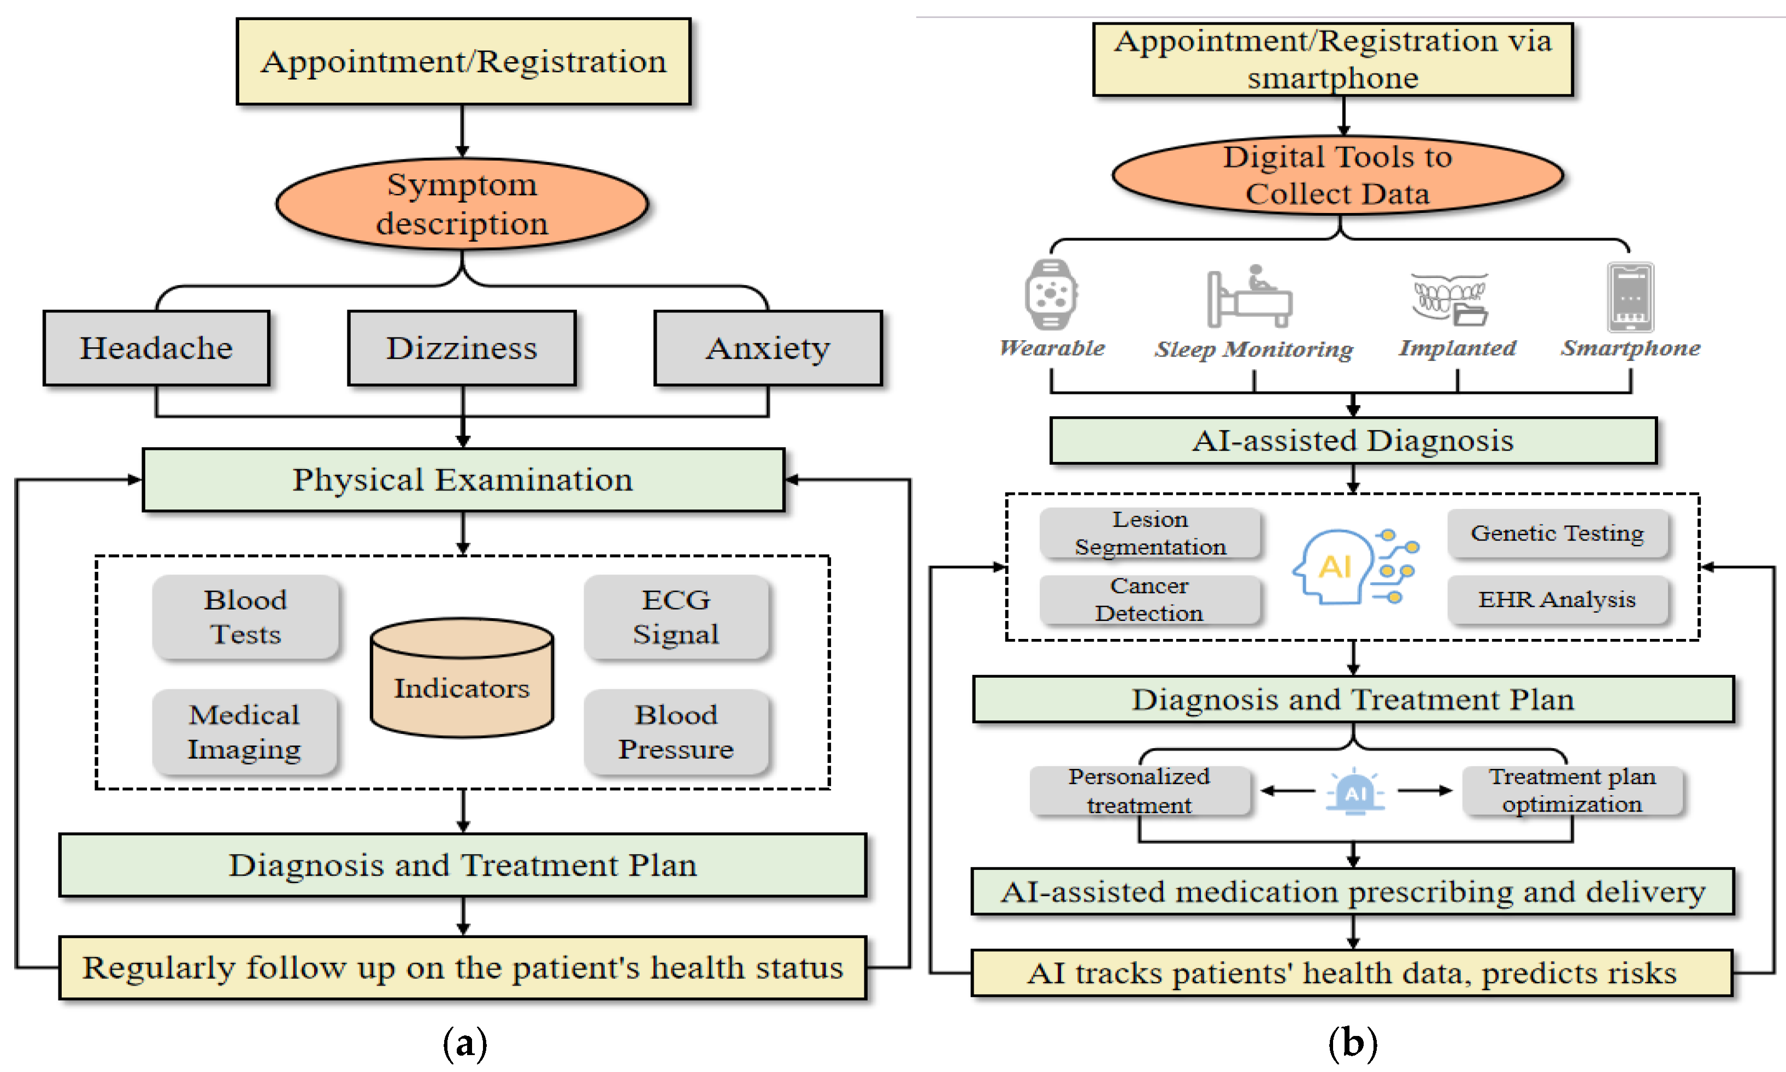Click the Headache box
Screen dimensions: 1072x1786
[156, 348]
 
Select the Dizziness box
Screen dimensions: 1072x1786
[462, 348]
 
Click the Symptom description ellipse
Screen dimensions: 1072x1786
[462, 204]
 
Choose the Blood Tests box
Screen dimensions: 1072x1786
[245, 617]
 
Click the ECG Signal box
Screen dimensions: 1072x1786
[675, 617]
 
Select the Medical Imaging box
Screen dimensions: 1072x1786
[244, 732]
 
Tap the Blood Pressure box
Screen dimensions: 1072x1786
[675, 732]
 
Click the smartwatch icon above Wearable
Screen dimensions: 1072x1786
[1051, 295]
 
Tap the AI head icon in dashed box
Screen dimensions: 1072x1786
[1355, 566]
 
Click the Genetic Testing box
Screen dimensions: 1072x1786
[1557, 533]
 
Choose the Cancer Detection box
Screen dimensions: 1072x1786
[1149, 600]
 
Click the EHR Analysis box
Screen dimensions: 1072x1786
[1557, 600]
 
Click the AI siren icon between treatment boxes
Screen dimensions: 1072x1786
[1355, 792]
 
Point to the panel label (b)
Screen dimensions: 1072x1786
[1353, 1043]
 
